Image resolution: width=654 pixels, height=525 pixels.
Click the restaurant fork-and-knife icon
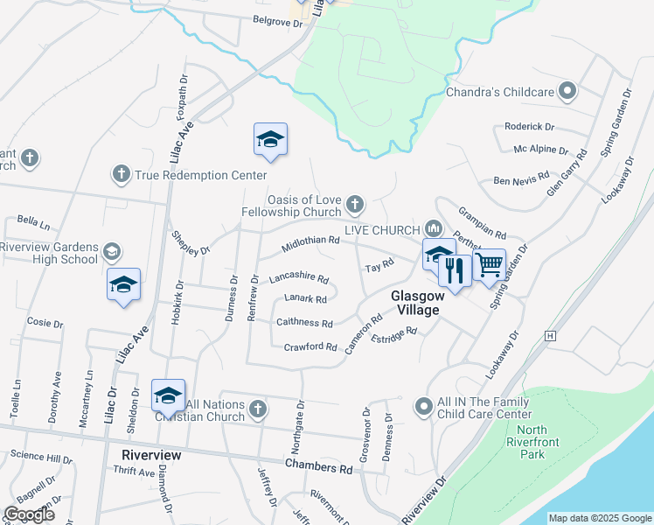coord(454,269)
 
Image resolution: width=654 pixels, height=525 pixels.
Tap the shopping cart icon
coord(490,264)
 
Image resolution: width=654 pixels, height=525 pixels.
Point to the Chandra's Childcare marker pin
coord(568,91)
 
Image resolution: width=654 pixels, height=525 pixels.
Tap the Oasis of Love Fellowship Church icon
coord(354,205)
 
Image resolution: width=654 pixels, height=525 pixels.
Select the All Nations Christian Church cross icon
coord(257,409)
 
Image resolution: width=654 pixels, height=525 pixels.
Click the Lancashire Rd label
coord(298,279)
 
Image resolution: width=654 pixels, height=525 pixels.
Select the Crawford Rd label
coord(310,347)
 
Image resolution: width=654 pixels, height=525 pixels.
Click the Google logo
coord(29,514)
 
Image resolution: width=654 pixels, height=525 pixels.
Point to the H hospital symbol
coord(550,335)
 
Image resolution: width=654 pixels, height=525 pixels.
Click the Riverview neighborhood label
coord(151,456)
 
